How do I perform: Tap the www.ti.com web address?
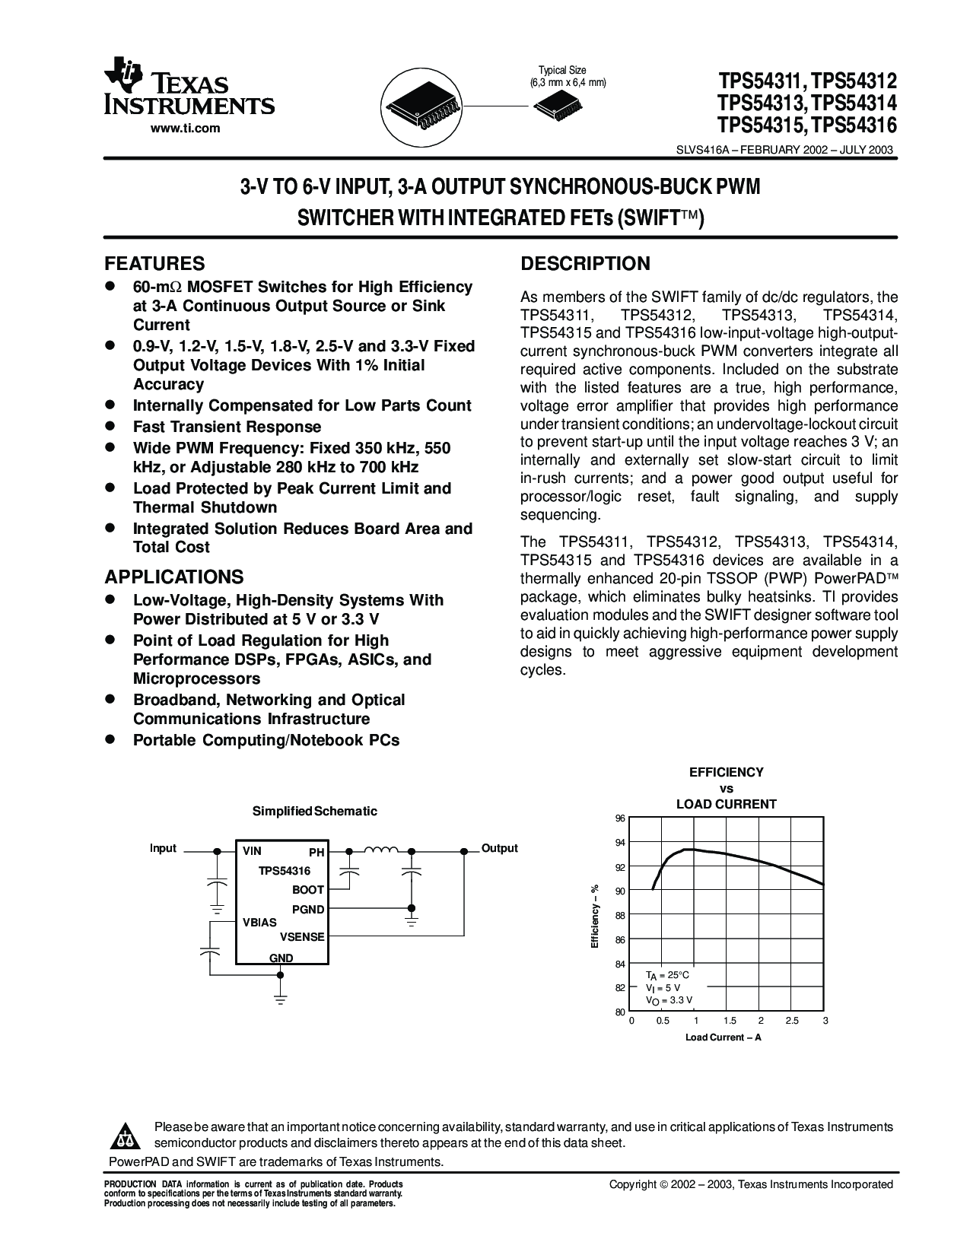tap(185, 128)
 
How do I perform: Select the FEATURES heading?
tap(154, 264)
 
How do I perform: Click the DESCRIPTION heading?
tap(585, 264)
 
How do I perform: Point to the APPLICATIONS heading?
tap(174, 577)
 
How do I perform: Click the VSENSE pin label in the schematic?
tap(302, 937)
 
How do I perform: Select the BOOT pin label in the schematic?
tap(308, 890)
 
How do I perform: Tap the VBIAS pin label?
tap(259, 922)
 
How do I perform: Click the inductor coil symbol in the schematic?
tap(381, 851)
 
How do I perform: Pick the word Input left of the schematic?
tap(163, 848)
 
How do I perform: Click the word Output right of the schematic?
tap(499, 848)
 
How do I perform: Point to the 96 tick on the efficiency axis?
tap(619, 818)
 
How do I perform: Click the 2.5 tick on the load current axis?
tap(792, 1021)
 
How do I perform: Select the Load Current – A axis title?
tap(723, 1037)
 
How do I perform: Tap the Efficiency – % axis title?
tap(596, 916)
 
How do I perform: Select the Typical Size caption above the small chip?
tap(562, 70)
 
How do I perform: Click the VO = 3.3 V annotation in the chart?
tap(669, 1000)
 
